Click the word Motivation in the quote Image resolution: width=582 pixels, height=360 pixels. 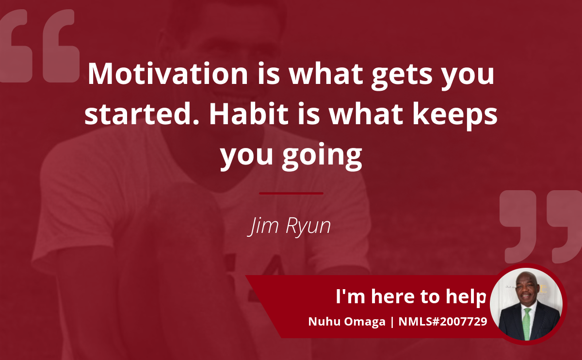point(168,74)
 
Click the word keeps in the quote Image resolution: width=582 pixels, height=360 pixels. point(455,116)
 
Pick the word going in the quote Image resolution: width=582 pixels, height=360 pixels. point(322,156)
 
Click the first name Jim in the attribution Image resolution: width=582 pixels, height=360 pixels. point(263,226)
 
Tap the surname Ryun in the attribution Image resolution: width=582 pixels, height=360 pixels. point(308,227)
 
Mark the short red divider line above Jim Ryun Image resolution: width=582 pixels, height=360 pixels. point(291,194)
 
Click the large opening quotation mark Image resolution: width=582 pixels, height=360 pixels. point(39,46)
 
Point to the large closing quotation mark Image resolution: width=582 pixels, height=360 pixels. point(541,227)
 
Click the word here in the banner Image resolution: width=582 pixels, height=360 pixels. point(393,296)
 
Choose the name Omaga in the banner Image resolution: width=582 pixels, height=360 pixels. point(365,322)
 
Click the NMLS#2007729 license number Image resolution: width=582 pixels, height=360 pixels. point(443,322)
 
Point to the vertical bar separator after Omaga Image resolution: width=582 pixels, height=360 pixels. point(392,322)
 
